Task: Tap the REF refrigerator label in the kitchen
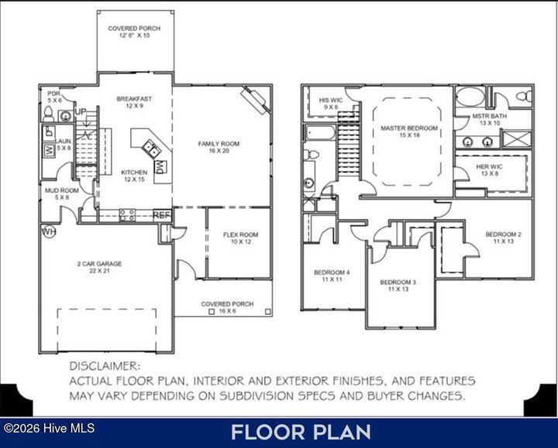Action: tap(162, 215)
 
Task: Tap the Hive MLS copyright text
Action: tap(33, 428)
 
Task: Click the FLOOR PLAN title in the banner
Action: tap(300, 432)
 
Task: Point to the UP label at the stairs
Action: tap(81, 111)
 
